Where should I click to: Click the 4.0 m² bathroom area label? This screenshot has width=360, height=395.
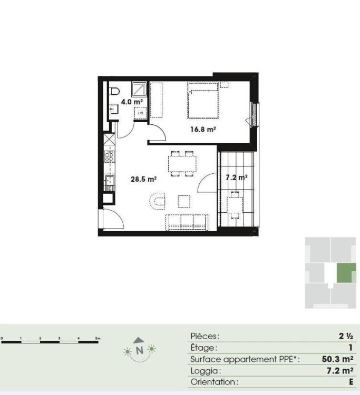click(132, 102)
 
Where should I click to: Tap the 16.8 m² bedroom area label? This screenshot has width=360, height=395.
click(203, 130)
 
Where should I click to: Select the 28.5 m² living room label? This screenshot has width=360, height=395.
click(143, 179)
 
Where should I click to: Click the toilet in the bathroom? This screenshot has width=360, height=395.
click(114, 91)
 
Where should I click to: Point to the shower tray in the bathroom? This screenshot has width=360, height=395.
click(139, 89)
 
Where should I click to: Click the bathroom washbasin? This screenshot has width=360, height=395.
click(114, 109)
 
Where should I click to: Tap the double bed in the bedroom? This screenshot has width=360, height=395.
click(203, 100)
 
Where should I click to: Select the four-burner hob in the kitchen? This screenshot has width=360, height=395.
click(110, 156)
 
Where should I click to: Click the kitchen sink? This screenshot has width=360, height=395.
click(110, 180)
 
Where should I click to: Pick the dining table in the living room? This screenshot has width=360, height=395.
click(182, 164)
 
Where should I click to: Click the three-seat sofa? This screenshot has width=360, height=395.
click(187, 222)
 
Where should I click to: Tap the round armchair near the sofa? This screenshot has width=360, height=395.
click(157, 201)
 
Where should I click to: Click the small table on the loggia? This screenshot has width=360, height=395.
click(235, 205)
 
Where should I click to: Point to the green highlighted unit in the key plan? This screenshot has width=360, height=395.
click(346, 273)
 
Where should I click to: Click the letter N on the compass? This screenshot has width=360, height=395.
click(139, 350)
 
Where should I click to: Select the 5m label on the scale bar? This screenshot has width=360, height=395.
click(98, 338)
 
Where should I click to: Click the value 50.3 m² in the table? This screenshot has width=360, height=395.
click(337, 359)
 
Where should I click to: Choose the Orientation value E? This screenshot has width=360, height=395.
click(351, 382)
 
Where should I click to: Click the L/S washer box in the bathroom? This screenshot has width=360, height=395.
click(140, 113)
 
